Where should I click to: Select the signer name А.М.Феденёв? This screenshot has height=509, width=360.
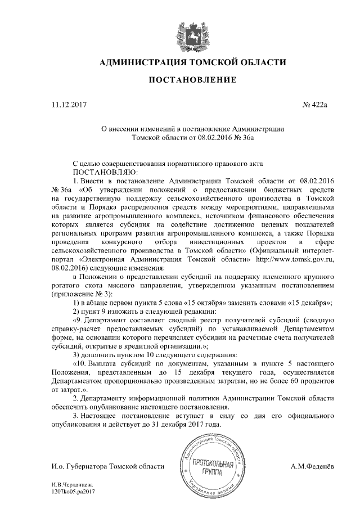coord(313,466)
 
